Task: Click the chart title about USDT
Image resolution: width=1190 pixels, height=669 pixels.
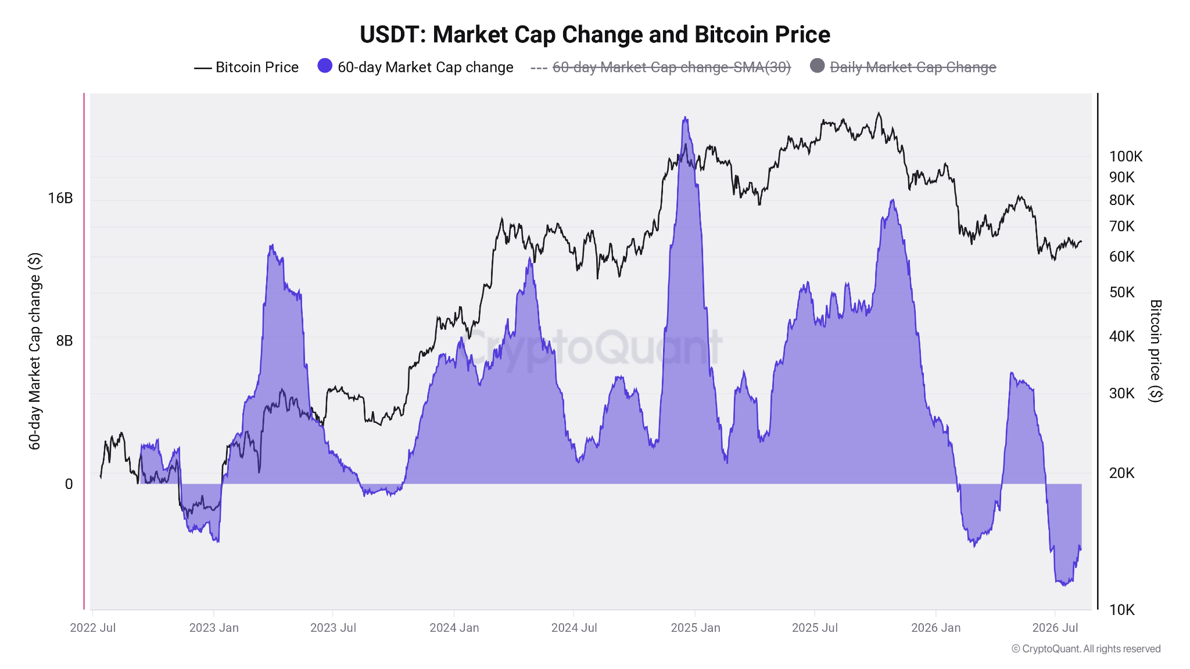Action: (595, 35)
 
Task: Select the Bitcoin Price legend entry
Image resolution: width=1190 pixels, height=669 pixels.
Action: (246, 67)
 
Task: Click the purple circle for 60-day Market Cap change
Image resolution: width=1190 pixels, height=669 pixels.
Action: (325, 66)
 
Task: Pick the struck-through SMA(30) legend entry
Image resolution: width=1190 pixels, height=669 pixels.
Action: (661, 67)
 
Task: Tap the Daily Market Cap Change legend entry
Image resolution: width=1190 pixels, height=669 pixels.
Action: (904, 67)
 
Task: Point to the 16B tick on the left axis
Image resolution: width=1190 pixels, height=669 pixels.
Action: (60, 199)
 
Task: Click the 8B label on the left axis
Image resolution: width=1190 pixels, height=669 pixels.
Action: (64, 341)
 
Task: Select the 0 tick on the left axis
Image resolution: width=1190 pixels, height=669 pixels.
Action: (69, 484)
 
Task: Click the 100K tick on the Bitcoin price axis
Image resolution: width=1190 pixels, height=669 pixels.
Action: (1126, 156)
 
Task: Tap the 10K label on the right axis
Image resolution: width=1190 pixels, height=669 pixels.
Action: (1122, 610)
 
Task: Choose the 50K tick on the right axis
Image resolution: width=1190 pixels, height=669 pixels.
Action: (1122, 292)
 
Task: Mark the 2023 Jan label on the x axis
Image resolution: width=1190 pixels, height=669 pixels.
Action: (214, 628)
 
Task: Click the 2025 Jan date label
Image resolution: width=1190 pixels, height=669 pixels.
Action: (696, 628)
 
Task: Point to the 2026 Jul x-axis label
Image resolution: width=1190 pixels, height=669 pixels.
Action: (1055, 628)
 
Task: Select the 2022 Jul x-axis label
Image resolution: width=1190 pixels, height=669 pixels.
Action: (93, 628)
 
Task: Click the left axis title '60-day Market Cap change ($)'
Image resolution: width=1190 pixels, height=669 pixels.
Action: (35, 351)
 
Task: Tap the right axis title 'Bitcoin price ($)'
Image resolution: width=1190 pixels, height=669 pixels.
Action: (1156, 351)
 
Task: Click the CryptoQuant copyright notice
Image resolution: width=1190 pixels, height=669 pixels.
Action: (1086, 649)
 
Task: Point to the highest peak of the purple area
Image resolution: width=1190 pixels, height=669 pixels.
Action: (686, 118)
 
